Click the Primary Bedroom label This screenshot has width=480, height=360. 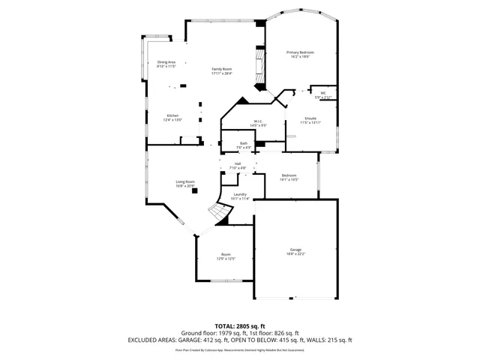point(300,52)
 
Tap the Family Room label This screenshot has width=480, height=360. point(221,69)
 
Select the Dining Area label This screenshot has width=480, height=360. point(166,62)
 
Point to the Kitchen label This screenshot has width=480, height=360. point(172,115)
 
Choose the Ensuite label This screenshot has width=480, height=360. point(310,118)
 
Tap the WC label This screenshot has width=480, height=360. point(322,93)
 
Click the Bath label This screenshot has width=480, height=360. point(244,143)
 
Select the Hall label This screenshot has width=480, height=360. point(238,163)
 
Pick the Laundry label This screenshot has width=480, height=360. point(240,194)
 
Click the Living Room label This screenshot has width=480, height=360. point(185,181)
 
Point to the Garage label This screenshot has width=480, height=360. point(295,249)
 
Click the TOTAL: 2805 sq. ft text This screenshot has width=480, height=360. point(240,326)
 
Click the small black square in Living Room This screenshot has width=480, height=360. point(195,190)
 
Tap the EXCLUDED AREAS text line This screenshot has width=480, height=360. point(240,340)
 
